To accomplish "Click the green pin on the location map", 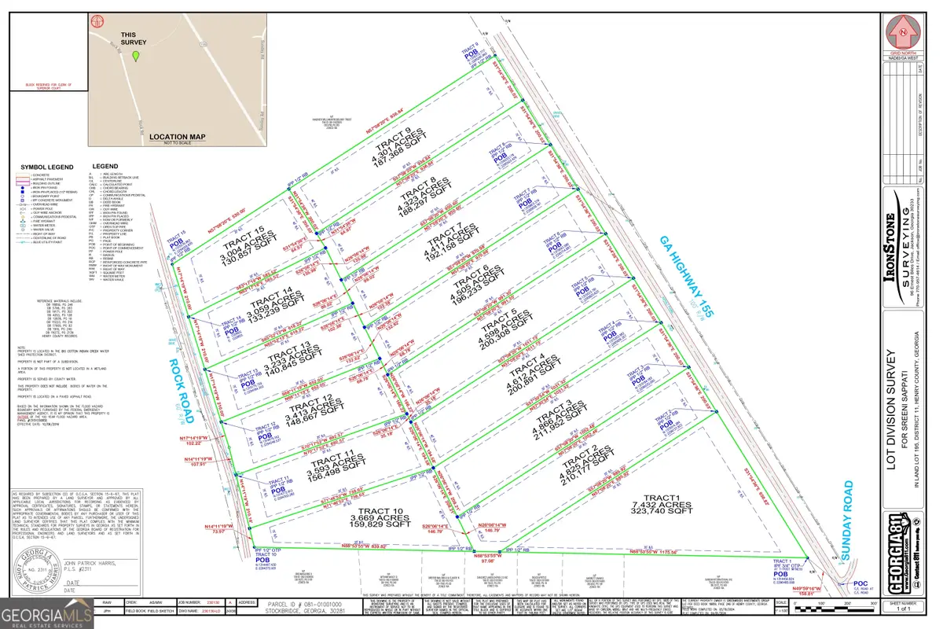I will pyautogui.click(x=136, y=57).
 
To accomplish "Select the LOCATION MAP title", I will pyautogui.click(x=176, y=134).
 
